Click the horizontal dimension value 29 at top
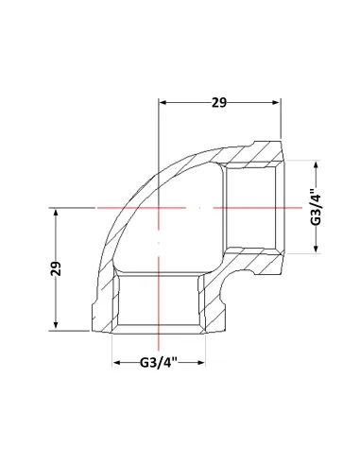tap(219, 103)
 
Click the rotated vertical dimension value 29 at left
tap(56, 268)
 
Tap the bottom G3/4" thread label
tap(159, 363)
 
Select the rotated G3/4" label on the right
tap(316, 207)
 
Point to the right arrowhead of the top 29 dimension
tap(276, 102)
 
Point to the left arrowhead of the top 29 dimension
tap(163, 102)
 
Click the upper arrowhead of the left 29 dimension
tap(56, 213)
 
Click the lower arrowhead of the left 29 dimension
tap(56, 326)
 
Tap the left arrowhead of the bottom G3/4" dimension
tap(117, 363)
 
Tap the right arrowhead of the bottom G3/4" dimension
tap(201, 363)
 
